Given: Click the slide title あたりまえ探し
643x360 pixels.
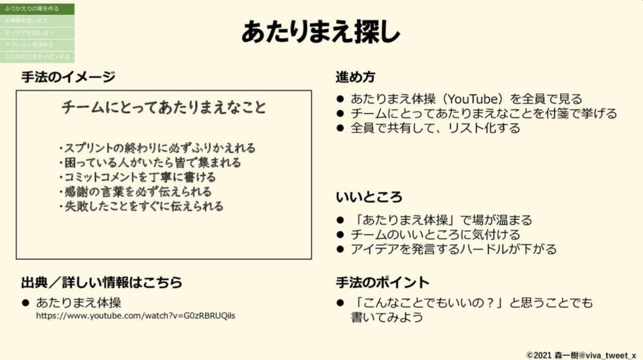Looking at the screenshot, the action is pos(320,32).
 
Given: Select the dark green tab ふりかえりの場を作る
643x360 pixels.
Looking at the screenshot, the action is pos(37,9).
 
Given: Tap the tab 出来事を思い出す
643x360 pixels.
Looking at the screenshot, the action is pos(37,21).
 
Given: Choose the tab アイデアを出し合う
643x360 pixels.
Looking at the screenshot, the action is pos(37,33).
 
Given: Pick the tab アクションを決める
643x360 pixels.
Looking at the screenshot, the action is pos(37,45).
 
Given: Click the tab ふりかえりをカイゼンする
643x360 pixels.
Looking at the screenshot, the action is pos(37,57).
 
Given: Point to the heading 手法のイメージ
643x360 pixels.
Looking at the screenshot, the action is pos(68,77).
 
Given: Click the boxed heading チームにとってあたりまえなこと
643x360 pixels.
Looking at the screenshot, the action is pos(164,108).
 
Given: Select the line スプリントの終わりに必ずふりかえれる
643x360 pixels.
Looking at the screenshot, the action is pos(158,148).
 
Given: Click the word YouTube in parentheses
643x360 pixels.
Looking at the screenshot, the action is pos(468,99).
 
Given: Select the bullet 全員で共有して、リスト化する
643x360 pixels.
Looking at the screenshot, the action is pos(435,129).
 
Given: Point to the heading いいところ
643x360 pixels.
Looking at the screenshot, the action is pos(369,197).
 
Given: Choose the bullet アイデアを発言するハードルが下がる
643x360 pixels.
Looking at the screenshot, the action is pos(453,249).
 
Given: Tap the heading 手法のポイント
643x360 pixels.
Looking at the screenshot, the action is pos(383,282).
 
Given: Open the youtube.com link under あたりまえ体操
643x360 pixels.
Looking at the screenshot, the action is pos(136,316).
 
